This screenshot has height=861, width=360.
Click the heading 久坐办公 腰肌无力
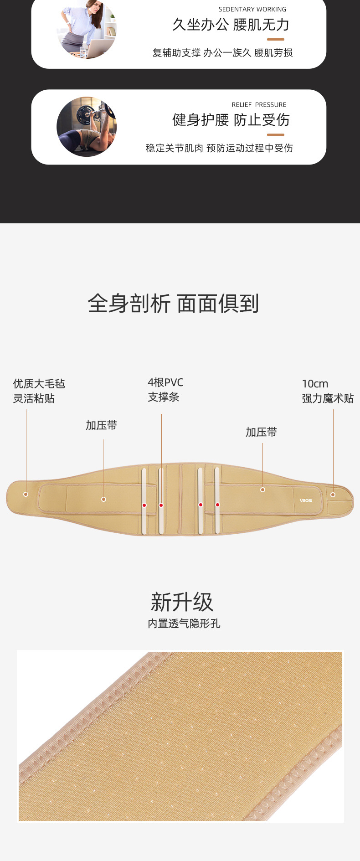[231, 25]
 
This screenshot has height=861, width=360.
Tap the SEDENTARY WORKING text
[252, 9]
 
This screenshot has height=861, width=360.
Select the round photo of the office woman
[87, 30]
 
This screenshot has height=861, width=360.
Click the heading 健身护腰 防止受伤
[231, 120]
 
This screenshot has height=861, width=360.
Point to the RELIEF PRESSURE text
[259, 105]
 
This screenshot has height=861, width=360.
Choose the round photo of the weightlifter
[87, 126]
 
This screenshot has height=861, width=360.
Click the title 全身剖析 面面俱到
[173, 304]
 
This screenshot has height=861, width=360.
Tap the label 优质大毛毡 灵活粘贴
[39, 391]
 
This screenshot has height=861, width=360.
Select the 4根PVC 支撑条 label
[165, 390]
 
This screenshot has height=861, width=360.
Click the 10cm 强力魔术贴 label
[327, 391]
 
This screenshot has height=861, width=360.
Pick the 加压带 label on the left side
[101, 425]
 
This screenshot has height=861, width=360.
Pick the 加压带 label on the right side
[261, 432]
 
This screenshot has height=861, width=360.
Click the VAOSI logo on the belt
[306, 500]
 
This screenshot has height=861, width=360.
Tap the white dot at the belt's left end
[26, 494]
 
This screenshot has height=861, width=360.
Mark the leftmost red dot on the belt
[144, 505]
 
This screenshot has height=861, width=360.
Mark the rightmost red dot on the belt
[218, 505]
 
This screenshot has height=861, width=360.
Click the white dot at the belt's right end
[333, 495]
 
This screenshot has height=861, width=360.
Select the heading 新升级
[182, 602]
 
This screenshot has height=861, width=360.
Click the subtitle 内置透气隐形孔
[184, 624]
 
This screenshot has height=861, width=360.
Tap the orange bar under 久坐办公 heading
[275, 40]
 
